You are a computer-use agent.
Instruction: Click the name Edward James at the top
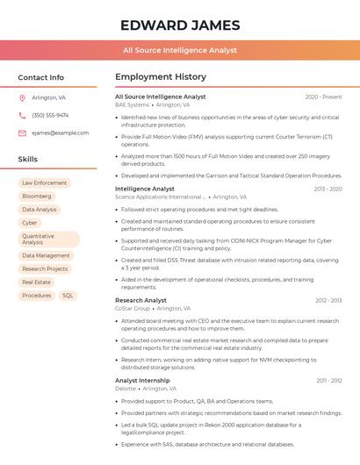[179, 25]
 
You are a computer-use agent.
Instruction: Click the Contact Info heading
[40, 77]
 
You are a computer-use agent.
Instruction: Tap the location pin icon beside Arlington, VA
[22, 98]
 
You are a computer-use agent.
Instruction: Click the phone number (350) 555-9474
[50, 115]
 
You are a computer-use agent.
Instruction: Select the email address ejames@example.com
[60, 132]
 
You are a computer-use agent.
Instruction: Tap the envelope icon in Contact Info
[22, 132]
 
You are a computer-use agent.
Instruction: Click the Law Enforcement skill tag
[44, 182]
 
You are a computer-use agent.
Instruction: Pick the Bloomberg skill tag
[37, 196]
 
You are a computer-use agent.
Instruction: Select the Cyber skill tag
[30, 223]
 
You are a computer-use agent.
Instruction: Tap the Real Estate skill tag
[37, 283]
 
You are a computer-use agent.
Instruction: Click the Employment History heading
[161, 77]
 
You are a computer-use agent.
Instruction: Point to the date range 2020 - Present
[323, 97]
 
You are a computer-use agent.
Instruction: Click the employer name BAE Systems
[132, 104]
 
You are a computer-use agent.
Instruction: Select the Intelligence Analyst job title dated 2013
[145, 189]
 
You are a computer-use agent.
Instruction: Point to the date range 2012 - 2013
[328, 300]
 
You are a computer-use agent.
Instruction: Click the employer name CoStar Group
[133, 308]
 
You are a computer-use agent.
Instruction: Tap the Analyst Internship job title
[142, 380]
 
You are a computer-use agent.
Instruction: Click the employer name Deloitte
[126, 388]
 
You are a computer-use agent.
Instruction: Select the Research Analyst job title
[140, 300]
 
